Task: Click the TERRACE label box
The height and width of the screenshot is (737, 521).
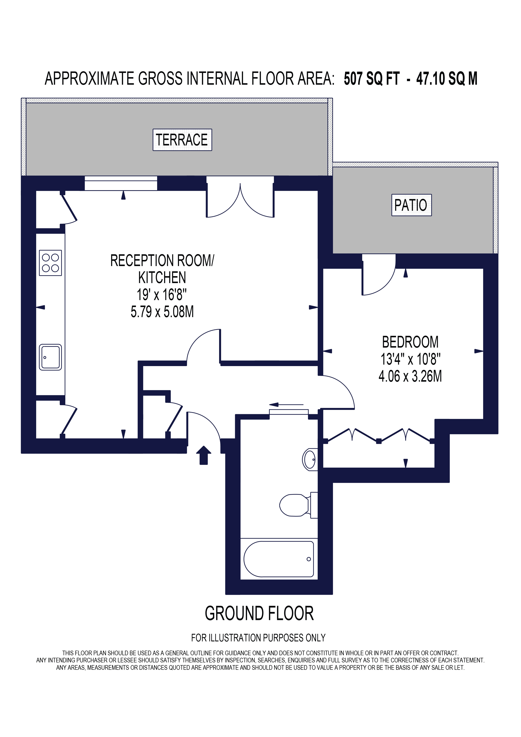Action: tap(182, 140)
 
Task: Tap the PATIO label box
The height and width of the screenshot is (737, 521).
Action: tap(411, 205)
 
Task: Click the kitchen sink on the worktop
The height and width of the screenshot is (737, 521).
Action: tap(50, 357)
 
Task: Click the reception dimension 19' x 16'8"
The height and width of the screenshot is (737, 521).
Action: tap(162, 294)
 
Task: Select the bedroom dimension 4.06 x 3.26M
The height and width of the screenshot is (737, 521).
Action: tap(410, 376)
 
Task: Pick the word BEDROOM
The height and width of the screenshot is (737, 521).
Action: tap(410, 342)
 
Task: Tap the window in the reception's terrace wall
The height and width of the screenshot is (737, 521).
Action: tap(121, 183)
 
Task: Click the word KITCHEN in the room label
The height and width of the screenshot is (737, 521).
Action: tap(162, 277)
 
